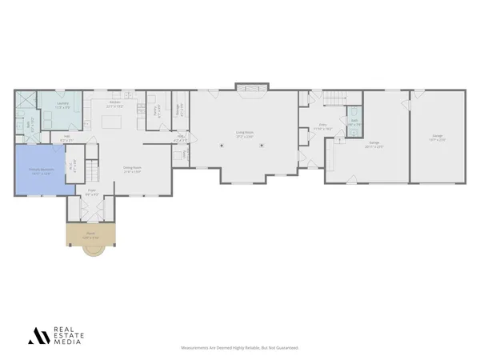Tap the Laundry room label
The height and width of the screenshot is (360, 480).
[62, 105]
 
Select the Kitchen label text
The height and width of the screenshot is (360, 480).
[114, 102]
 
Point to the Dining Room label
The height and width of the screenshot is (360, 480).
[132, 169]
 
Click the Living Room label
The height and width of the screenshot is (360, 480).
[244, 134]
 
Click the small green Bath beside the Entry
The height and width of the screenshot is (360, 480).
[353, 124]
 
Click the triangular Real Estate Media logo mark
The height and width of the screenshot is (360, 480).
[38, 336]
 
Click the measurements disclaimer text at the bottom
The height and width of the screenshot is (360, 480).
[240, 348]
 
